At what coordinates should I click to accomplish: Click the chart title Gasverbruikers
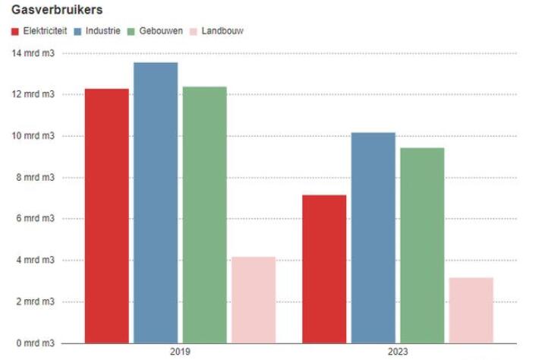[57, 11]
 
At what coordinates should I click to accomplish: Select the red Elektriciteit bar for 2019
[106, 216]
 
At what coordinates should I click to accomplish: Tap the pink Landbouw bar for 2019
[254, 300]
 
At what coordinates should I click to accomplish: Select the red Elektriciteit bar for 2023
[324, 269]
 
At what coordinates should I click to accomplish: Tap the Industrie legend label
[103, 31]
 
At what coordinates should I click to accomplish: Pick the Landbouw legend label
[222, 31]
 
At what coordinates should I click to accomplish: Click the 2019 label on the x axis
[180, 352]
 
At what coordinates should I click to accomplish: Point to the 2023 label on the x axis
[397, 352]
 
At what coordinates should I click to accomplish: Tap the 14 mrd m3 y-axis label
[33, 53]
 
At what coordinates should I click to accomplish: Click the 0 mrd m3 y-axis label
[33, 343]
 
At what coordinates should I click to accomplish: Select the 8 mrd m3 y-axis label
[33, 178]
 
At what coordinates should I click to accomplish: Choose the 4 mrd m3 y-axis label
[33, 261]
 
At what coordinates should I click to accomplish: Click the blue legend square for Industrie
[78, 31]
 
